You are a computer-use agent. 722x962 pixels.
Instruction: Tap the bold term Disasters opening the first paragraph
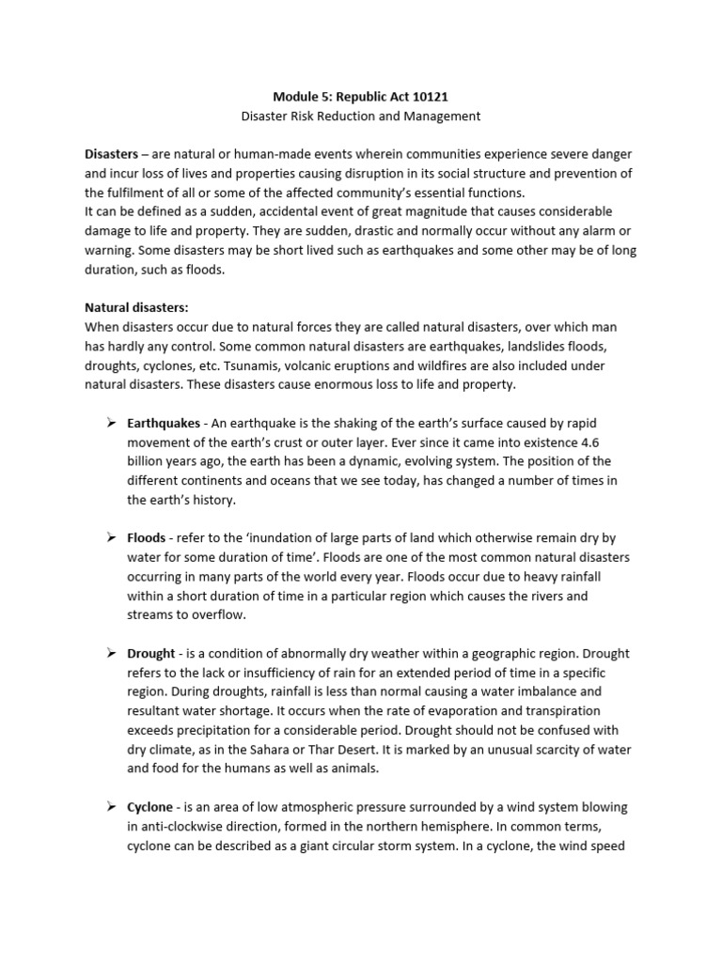click(x=111, y=153)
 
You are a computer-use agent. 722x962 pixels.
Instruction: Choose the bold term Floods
click(x=146, y=538)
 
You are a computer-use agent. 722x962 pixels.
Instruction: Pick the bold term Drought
click(x=151, y=653)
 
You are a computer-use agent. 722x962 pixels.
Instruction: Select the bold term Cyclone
click(x=150, y=807)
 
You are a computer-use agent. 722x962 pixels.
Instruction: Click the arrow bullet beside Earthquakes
click(x=109, y=424)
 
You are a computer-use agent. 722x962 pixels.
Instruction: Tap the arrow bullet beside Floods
click(x=109, y=538)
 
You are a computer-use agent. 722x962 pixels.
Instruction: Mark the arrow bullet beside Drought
click(x=109, y=653)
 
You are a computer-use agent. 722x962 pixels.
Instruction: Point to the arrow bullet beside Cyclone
click(x=109, y=807)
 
